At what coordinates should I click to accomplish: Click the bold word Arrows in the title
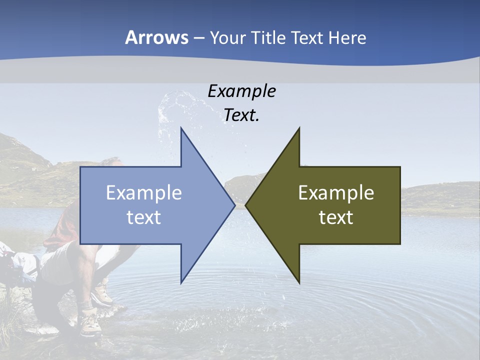[156, 37]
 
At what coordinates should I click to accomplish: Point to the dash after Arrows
[198, 38]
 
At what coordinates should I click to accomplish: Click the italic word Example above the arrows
[241, 91]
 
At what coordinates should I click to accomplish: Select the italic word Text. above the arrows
[241, 115]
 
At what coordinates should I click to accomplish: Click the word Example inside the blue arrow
[144, 193]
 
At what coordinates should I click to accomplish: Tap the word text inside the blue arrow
[144, 217]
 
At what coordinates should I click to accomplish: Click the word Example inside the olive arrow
[336, 193]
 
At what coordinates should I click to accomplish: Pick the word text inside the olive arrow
[336, 217]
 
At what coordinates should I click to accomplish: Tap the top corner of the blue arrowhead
[181, 129]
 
